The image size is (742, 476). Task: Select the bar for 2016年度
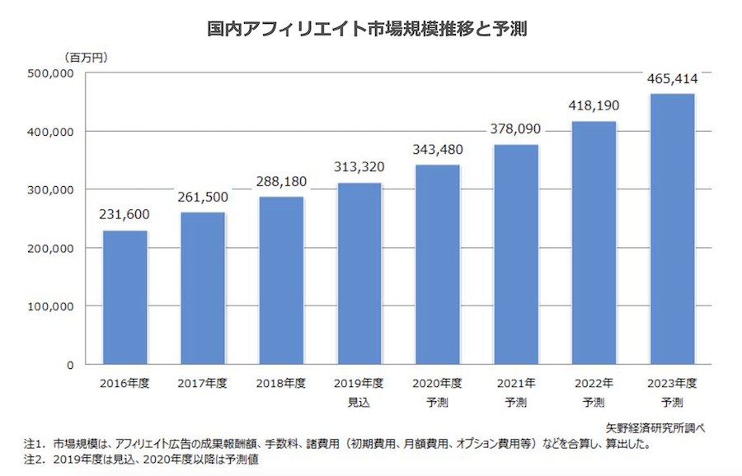point(124,296)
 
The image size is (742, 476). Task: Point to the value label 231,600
point(124,216)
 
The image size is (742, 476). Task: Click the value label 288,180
point(281,182)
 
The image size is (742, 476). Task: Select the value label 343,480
point(438,150)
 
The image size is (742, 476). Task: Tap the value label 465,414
point(673,79)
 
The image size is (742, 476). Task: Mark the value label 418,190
point(594,106)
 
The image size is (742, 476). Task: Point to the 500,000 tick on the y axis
point(52,73)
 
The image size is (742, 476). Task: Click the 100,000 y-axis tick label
point(52,306)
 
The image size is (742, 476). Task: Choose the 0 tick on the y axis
point(70,365)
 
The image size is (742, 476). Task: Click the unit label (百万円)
point(86,57)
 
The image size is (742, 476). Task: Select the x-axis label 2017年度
point(202,384)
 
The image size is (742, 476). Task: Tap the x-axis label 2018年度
point(281,384)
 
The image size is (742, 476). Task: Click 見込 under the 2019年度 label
point(359,403)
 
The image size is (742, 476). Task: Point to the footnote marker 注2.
point(35,461)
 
